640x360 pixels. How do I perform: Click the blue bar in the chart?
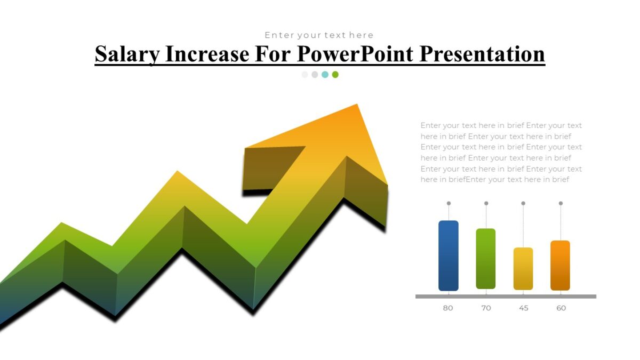pos(449,255)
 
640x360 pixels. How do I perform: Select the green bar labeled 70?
pos(486,259)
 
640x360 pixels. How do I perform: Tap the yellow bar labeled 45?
pos(523,269)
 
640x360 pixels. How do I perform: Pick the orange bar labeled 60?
pos(560,266)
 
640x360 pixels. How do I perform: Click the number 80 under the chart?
pos(448,308)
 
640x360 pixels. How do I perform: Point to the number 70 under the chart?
pos(486,308)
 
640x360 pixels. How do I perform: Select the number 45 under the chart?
pos(524,308)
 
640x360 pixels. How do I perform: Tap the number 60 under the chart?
pos(561,308)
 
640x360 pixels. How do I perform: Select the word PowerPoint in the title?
pos(355,54)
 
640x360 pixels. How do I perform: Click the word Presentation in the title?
pos(482,54)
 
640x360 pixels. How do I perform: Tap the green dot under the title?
pos(335,75)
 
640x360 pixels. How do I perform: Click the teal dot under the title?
pos(325,75)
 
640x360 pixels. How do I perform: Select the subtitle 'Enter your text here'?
pos(319,35)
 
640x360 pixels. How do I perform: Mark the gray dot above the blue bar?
pos(449,203)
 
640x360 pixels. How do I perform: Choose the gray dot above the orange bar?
pos(561,203)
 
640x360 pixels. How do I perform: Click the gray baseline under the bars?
pos(506,296)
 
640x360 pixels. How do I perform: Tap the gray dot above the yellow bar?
pos(523,203)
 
